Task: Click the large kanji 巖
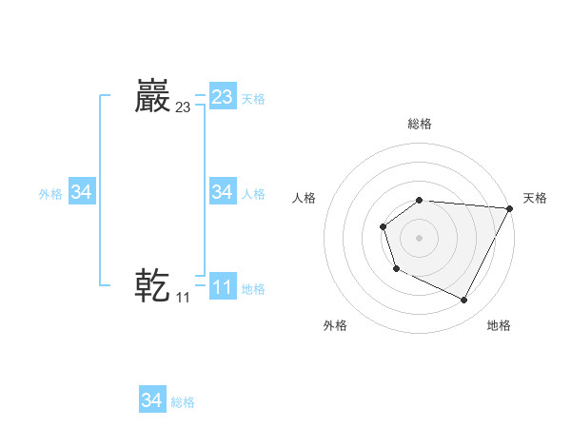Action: click(x=153, y=96)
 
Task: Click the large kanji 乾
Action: click(x=153, y=284)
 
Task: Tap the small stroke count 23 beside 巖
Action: click(x=183, y=108)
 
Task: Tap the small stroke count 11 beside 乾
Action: click(x=183, y=298)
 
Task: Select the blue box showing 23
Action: click(x=223, y=97)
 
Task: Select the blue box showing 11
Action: click(x=223, y=286)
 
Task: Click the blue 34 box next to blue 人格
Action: click(x=223, y=192)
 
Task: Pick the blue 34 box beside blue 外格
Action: click(x=82, y=192)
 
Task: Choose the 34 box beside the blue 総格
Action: click(x=152, y=400)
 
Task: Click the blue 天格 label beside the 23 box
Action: click(x=253, y=99)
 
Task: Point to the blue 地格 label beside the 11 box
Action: click(x=253, y=289)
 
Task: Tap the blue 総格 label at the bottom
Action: click(x=183, y=402)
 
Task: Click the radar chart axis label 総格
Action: click(x=420, y=124)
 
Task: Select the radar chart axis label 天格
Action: click(x=535, y=198)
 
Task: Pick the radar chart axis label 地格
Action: click(x=499, y=326)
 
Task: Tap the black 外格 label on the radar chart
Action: click(x=335, y=326)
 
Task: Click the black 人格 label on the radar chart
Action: click(x=305, y=198)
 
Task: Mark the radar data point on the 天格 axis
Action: click(x=510, y=208)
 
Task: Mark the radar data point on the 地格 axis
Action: click(x=464, y=301)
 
